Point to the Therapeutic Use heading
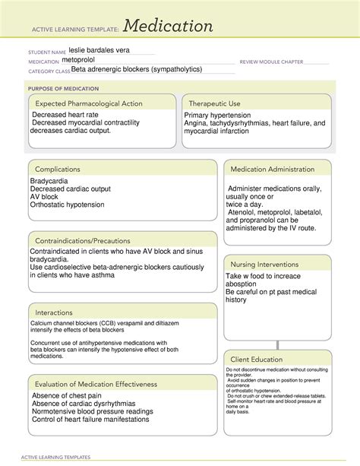(214, 103)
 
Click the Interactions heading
(57, 312)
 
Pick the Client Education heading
(257, 359)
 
